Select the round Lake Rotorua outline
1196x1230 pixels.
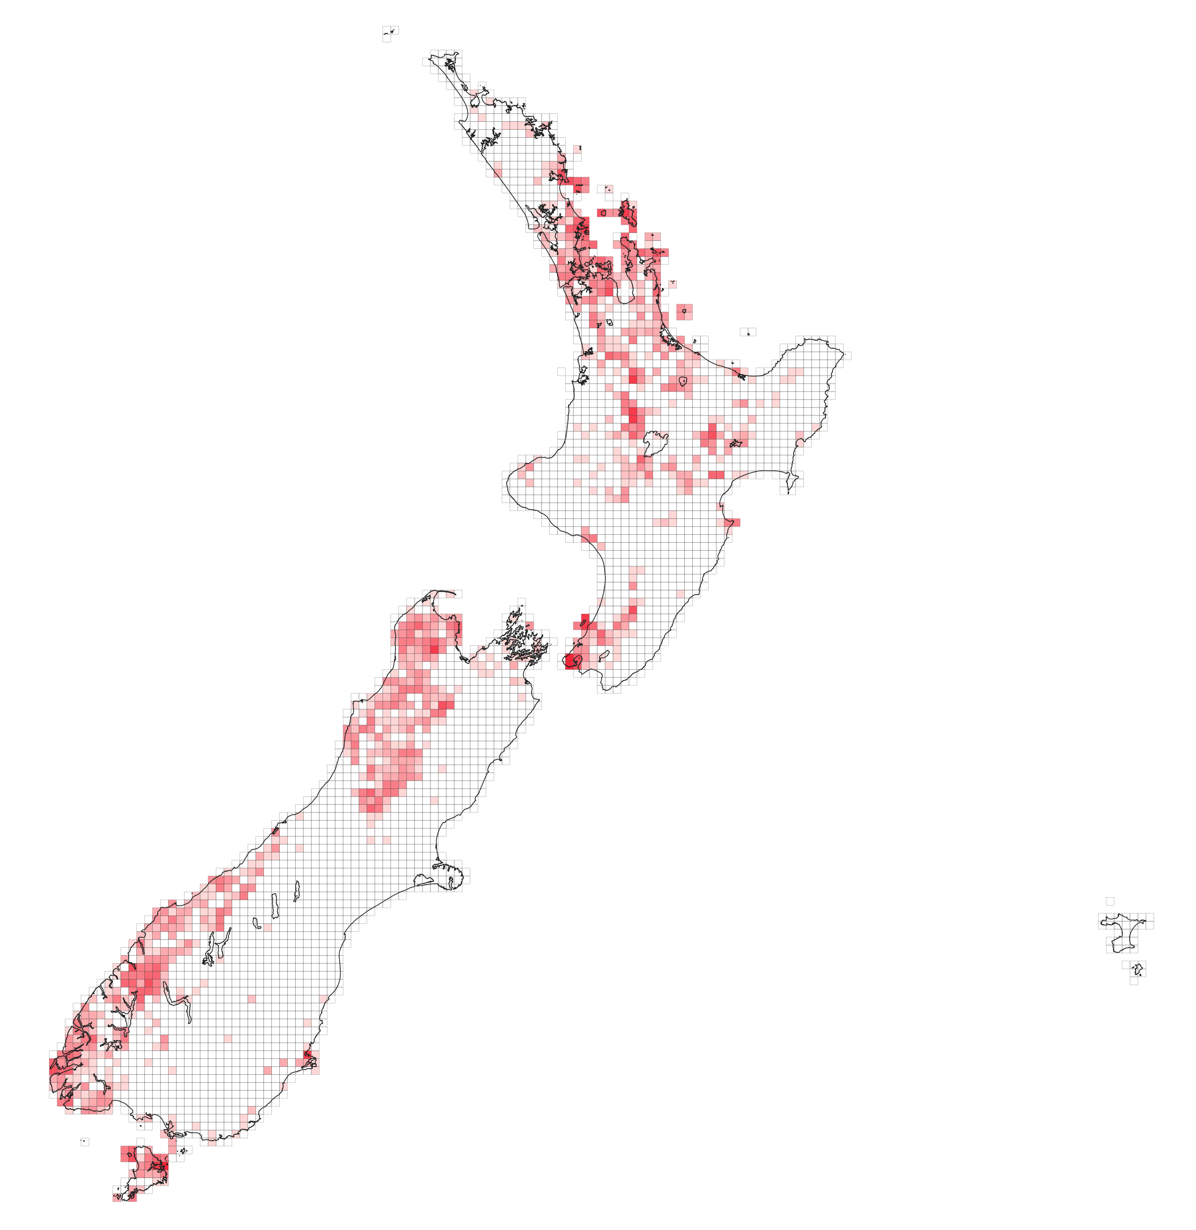click(683, 381)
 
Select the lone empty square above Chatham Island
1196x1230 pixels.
click(1110, 901)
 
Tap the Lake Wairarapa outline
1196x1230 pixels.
click(603, 655)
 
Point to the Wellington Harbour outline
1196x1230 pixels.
click(577, 659)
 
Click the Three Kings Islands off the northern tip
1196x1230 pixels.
click(389, 31)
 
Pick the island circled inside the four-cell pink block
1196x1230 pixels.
click(684, 311)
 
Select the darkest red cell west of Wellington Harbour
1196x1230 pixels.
click(569, 661)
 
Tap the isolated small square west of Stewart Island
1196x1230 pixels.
click(84, 1141)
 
